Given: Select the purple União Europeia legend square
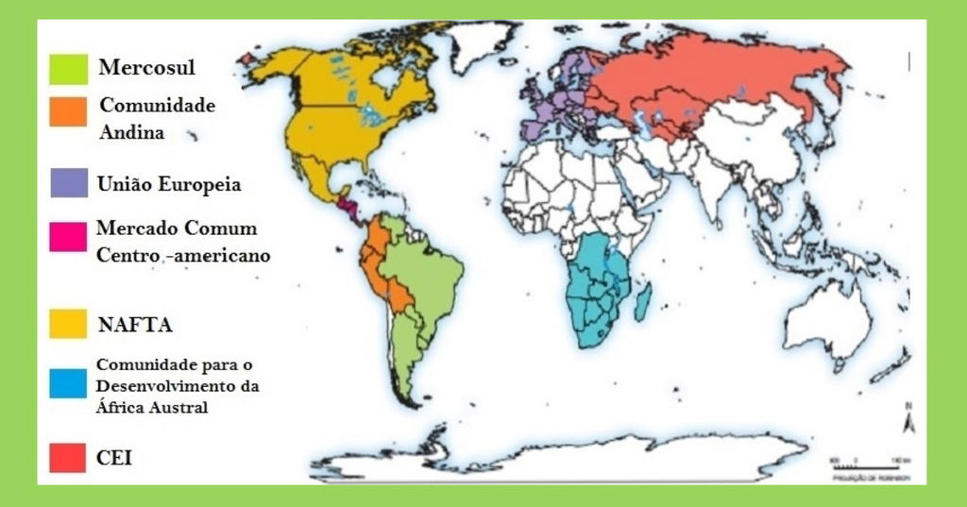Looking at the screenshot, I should click(69, 182).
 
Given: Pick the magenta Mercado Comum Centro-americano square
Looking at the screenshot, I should click(69, 237).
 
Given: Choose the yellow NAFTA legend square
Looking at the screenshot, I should click(69, 324).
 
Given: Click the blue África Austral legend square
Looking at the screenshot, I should click(69, 380).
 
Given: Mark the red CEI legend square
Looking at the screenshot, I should click(69, 458).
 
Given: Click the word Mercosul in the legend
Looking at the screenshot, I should click(153, 67).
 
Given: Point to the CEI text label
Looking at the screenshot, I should click(114, 458).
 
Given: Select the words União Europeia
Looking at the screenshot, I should click(168, 184).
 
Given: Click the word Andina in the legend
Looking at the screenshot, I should click(131, 133).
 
